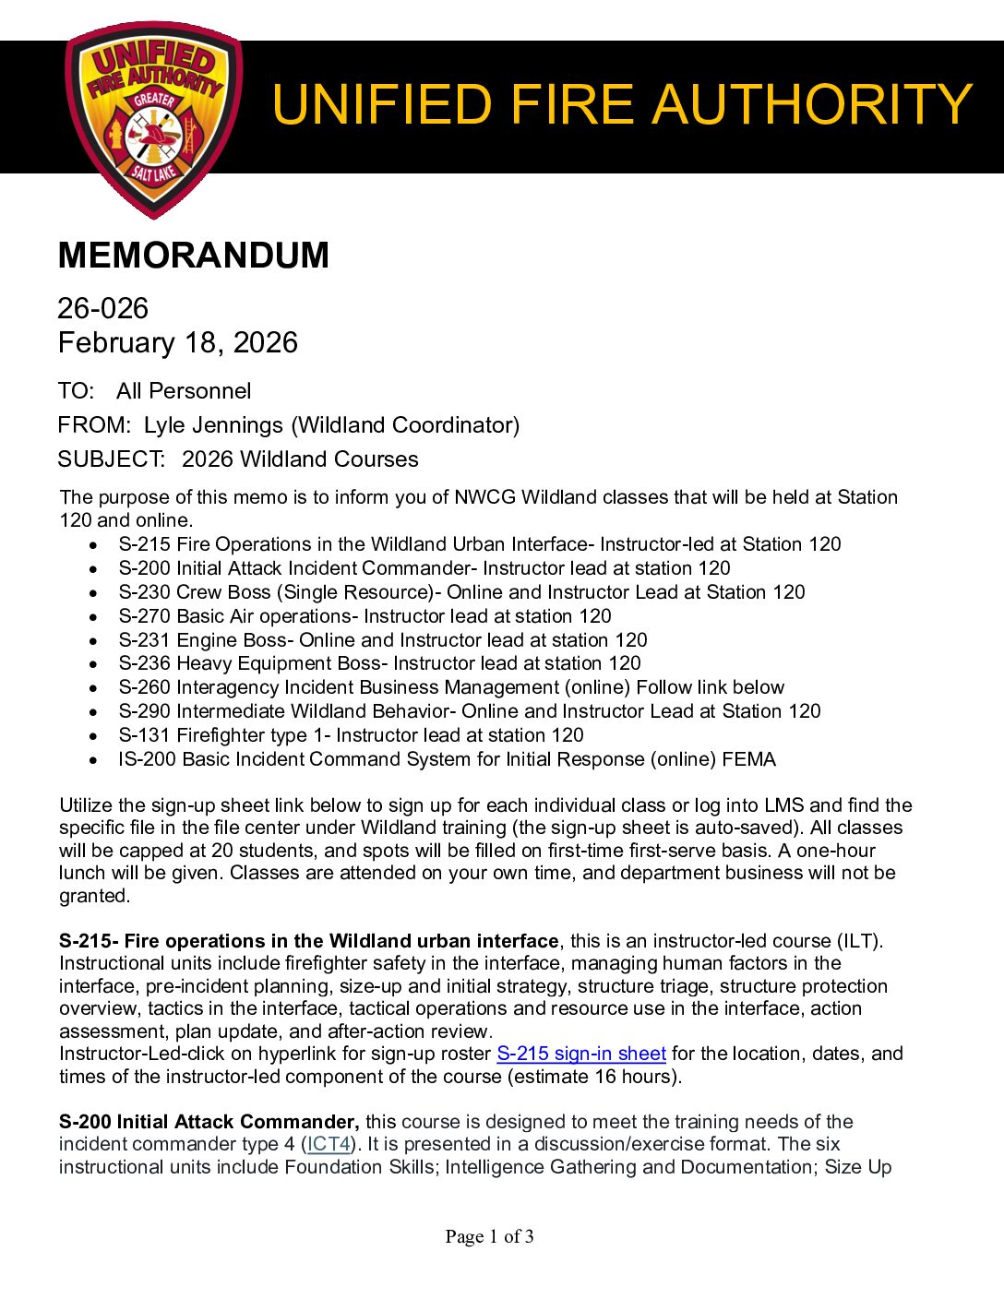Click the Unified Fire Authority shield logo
153,118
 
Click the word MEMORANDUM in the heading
193,256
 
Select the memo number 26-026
102,308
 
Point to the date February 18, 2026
177,343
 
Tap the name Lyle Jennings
213,425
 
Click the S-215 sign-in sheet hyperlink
580,1054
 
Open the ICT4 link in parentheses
329,1144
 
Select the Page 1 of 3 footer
489,1236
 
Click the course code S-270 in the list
144,616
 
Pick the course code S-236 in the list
144,663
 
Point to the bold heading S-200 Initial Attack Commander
209,1122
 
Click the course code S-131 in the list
144,735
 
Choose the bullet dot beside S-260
93,688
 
